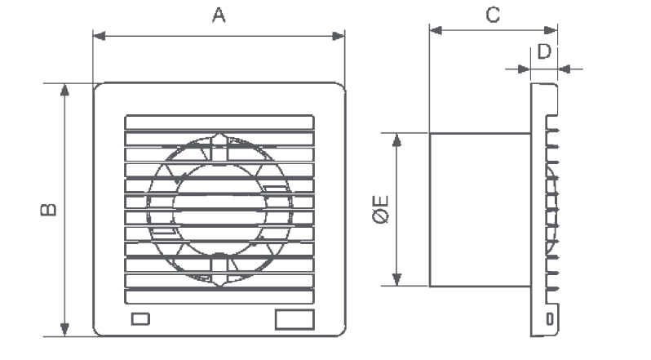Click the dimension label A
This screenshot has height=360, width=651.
[219, 16]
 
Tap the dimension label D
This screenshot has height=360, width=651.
[544, 51]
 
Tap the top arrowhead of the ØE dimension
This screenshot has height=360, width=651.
[397, 139]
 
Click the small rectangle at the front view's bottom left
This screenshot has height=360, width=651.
[139, 318]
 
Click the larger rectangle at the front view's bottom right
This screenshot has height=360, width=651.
[293, 318]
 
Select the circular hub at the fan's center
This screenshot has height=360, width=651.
[219, 210]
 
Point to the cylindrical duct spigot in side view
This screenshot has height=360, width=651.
[481, 210]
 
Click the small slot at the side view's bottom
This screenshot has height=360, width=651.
[549, 317]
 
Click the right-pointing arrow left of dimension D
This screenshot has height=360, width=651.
[522, 69]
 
